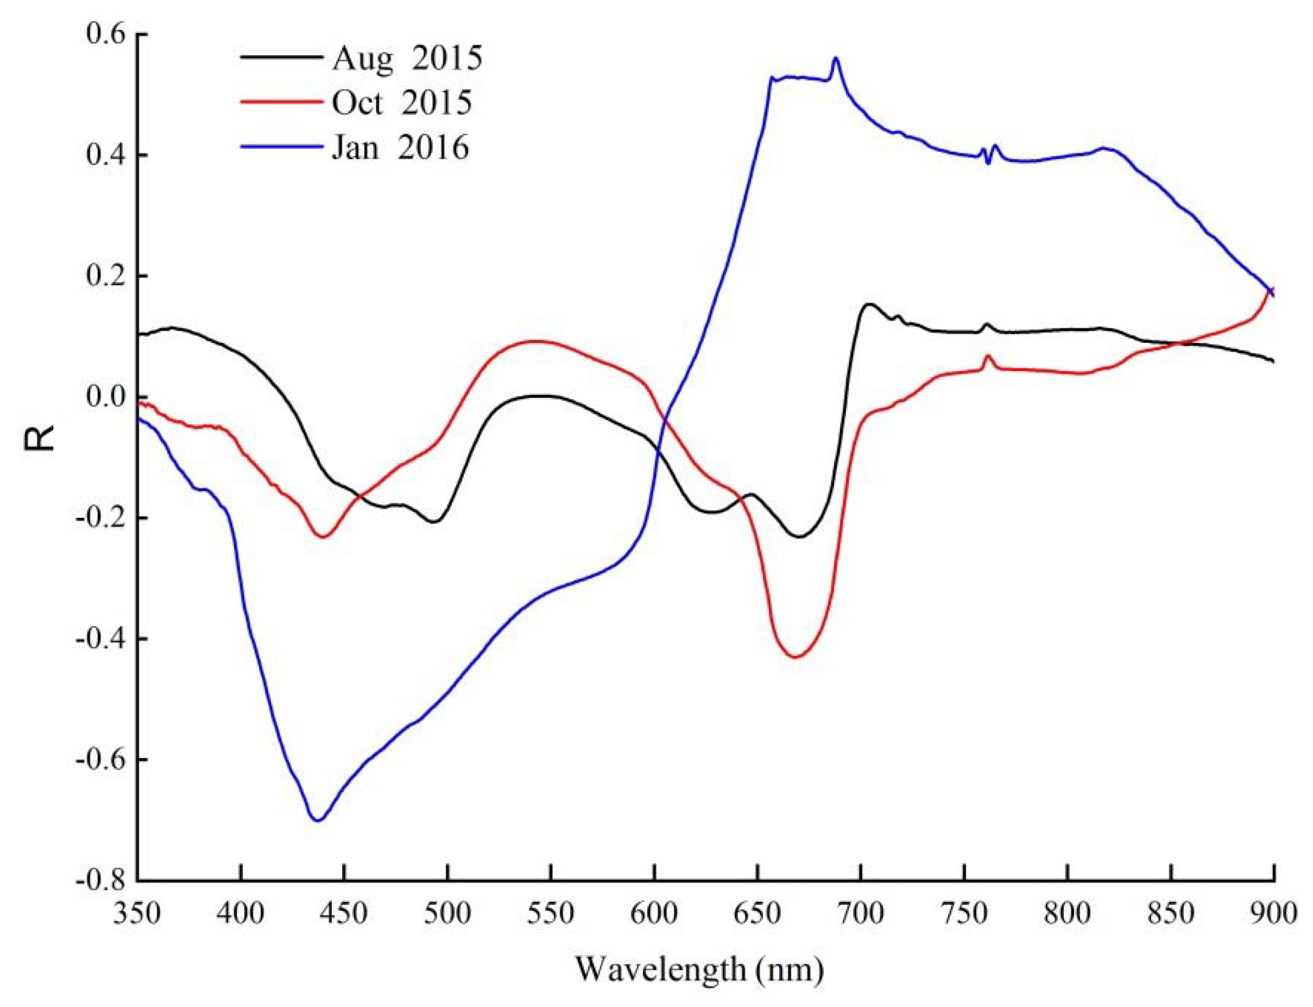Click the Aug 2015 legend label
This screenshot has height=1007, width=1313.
(407, 58)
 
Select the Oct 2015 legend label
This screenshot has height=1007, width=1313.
(401, 103)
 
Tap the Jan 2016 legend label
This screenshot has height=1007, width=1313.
(400, 147)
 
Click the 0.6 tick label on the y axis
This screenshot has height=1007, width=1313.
(106, 34)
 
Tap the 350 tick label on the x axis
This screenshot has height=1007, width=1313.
(137, 915)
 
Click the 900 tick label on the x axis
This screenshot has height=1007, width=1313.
(1273, 915)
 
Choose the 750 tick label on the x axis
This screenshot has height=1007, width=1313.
(964, 915)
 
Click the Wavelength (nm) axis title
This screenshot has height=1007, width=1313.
(699, 970)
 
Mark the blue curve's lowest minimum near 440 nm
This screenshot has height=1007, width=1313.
(318, 821)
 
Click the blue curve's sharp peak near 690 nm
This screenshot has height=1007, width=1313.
(836, 58)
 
